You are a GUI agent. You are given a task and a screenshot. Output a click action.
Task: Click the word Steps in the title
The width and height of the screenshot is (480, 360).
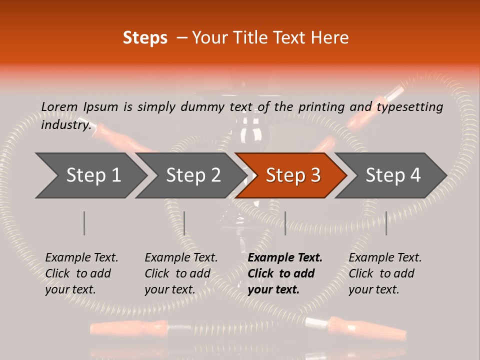tap(145, 38)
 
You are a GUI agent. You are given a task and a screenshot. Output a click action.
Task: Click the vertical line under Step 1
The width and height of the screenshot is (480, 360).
tap(84, 223)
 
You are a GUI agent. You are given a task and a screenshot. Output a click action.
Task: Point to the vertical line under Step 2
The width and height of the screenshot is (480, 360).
tap(184, 223)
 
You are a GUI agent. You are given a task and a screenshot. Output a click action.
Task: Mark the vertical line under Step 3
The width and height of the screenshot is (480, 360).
tap(285, 223)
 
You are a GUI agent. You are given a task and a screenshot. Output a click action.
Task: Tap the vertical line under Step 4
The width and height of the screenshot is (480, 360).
tap(386, 223)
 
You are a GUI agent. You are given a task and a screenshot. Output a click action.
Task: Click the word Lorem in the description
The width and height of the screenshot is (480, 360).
tap(59, 106)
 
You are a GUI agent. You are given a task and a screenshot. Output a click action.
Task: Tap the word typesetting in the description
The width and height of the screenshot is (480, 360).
tap(409, 106)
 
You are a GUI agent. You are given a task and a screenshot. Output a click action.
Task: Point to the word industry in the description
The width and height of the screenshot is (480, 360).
tap(65, 124)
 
